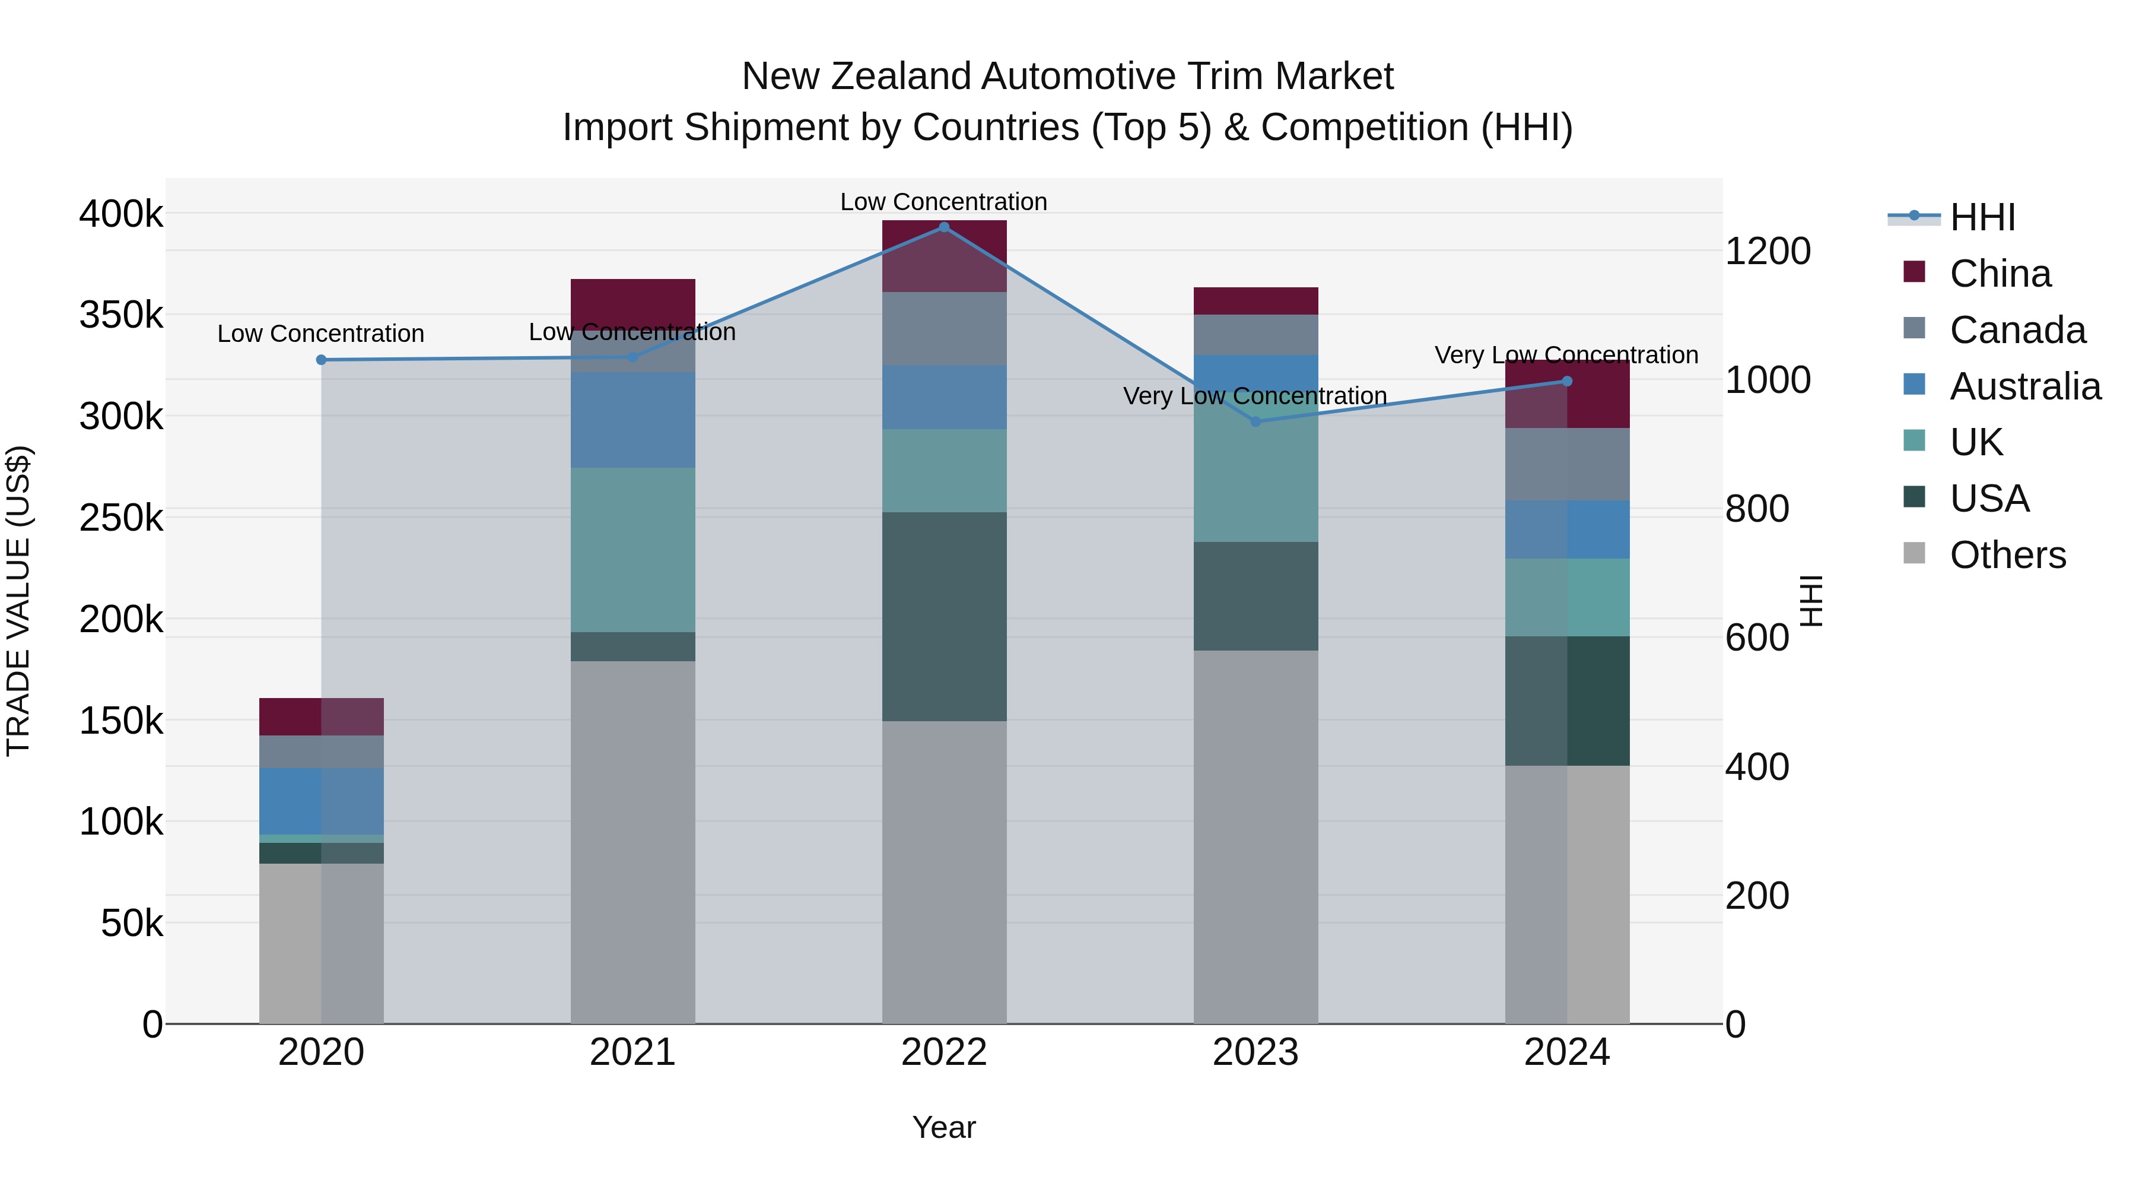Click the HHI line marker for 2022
click(943, 227)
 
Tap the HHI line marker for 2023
click(1255, 421)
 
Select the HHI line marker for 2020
click(322, 360)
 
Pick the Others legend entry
click(2007, 555)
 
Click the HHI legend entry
click(1981, 217)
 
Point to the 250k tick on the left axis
click(121, 518)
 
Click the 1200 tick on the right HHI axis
click(1767, 251)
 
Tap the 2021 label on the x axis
click(632, 1052)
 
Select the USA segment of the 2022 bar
click(943, 616)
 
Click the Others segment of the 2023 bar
click(1255, 836)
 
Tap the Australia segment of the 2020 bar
click(322, 801)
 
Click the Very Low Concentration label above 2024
click(1566, 355)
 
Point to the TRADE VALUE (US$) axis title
click(18, 601)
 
